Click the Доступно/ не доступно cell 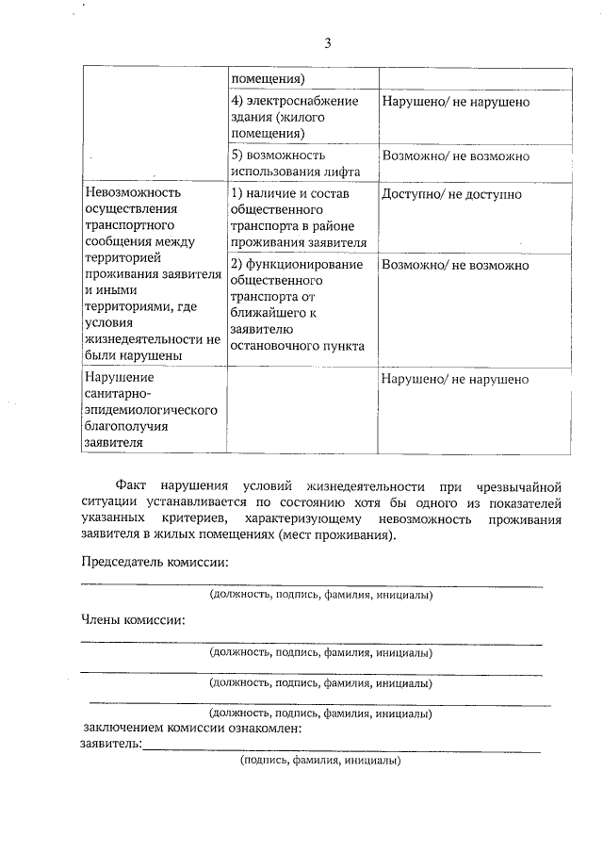pos(451,194)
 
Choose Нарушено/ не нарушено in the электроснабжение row pos(455,101)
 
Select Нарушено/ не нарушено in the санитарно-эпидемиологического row pos(455,379)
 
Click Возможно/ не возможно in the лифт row pos(455,156)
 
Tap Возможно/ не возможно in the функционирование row pos(455,265)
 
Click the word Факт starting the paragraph pos(133,486)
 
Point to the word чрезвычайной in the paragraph pos(520,486)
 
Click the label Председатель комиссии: pos(154,563)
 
